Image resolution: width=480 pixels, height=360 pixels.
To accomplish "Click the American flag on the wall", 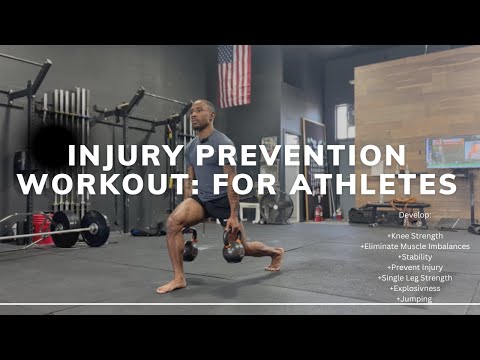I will [x=234, y=75].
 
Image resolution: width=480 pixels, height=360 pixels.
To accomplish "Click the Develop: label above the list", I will [x=413, y=215].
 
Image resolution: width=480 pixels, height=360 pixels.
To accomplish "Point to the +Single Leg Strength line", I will [x=413, y=277].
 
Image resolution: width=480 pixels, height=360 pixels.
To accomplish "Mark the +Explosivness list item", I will [x=413, y=288].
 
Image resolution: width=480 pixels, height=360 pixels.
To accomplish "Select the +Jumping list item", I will [x=413, y=298].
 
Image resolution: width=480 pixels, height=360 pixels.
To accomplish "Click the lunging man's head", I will [x=204, y=112].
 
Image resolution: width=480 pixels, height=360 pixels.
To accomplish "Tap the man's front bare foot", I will [x=171, y=285].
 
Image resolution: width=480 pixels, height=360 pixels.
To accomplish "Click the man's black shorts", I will [x=212, y=206].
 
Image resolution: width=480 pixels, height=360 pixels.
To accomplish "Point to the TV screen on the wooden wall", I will [x=452, y=152].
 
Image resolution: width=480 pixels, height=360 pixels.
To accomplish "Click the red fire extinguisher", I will [x=318, y=213].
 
